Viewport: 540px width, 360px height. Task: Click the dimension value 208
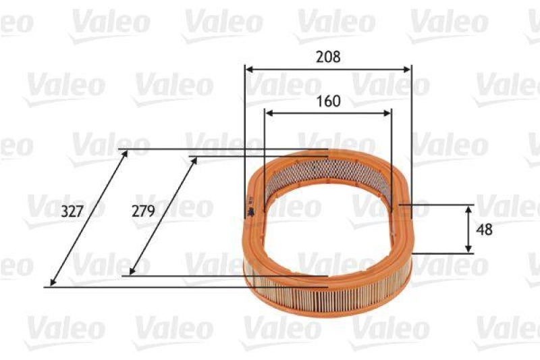[328, 57]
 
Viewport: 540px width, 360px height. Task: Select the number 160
[328, 101]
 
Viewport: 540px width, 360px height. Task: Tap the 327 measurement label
[72, 211]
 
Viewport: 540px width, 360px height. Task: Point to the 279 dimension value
[143, 211]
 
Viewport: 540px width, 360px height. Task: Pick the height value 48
[485, 229]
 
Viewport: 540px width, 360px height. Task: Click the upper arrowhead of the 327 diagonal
[125, 154]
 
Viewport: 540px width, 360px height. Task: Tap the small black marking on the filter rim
[251, 211]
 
